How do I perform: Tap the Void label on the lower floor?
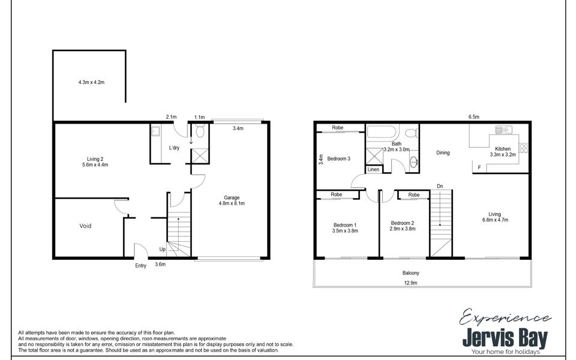(x=86, y=226)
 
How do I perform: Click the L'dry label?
(x=175, y=148)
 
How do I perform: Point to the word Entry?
(x=140, y=265)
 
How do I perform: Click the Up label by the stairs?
(x=162, y=249)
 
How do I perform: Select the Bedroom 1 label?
(x=345, y=226)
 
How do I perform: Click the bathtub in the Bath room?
(x=383, y=133)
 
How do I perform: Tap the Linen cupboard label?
(x=373, y=170)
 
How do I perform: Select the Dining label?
(x=443, y=153)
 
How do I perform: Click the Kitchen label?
(x=503, y=149)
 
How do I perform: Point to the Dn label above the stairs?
(x=440, y=185)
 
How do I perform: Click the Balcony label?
(x=411, y=273)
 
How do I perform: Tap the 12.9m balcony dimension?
(x=411, y=283)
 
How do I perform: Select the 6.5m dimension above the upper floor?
(x=473, y=118)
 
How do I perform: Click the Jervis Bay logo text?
(x=505, y=338)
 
